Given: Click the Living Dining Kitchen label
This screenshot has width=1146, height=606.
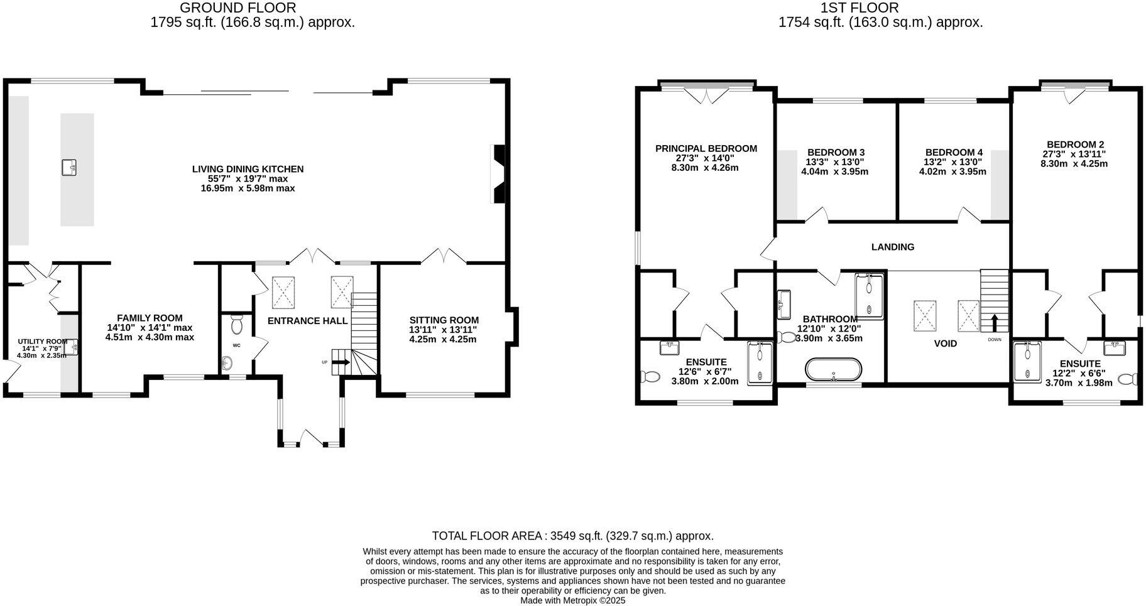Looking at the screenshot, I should [248, 169].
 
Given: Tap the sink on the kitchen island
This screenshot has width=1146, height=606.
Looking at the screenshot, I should [69, 168].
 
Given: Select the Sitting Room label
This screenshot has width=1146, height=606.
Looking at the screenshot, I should [444, 320].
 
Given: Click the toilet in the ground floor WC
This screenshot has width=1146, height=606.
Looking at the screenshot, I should [237, 325].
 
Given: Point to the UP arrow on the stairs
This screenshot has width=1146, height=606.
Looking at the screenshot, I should [340, 362].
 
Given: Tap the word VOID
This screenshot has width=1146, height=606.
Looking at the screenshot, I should [945, 344].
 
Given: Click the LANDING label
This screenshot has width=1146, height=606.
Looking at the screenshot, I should [892, 247].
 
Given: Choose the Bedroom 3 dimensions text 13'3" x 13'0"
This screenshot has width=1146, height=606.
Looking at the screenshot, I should [835, 162].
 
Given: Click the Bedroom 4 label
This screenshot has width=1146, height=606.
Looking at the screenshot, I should [953, 152].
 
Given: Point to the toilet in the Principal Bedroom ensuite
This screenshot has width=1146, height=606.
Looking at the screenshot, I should [650, 377].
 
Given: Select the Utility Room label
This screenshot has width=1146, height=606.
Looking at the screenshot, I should [42, 342].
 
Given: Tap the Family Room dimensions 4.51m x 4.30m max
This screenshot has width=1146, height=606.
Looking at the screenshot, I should [150, 337].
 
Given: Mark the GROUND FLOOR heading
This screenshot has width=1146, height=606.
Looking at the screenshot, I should [237, 8].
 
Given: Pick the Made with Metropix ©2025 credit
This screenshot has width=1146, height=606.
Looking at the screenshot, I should [572, 600].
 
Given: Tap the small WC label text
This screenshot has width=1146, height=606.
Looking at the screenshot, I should [236, 345].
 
